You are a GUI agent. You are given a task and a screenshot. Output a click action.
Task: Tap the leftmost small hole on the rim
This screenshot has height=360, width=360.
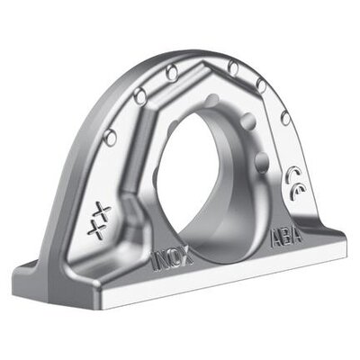(110, 137)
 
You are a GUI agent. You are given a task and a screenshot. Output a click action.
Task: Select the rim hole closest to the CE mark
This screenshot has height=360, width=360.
(285, 118)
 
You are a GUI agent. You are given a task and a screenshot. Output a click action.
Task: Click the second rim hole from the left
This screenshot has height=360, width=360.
(139, 96)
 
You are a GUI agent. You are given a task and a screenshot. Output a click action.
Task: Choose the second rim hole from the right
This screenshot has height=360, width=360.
(262, 85)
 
